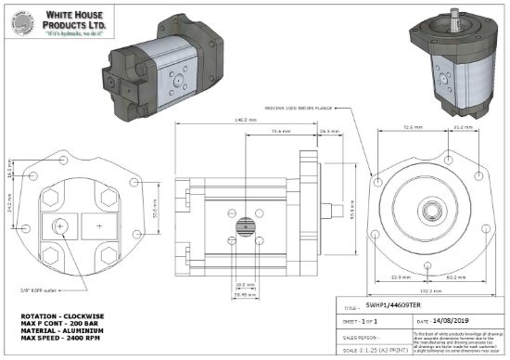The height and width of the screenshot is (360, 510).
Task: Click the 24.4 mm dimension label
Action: [325, 132]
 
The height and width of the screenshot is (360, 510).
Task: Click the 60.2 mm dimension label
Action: [457, 276]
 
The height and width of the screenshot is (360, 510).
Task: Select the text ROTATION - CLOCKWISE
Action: [61, 315]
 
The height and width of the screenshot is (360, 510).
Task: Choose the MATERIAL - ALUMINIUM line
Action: [61, 330]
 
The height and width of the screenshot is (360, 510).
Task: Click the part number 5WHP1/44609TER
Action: [394, 303]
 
